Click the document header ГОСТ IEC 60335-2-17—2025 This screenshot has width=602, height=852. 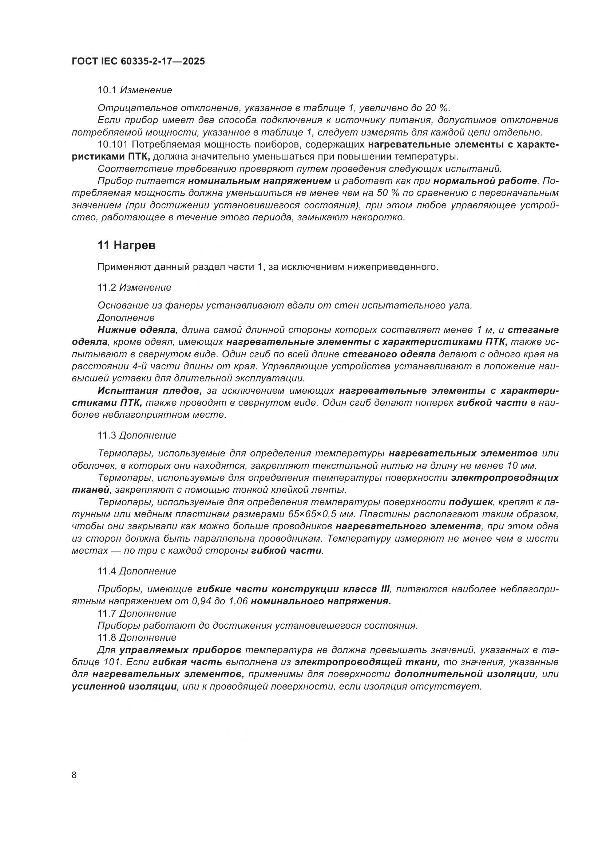click(x=138, y=62)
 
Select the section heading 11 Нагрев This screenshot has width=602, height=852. click(x=126, y=245)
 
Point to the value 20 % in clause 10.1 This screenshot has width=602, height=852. click(x=437, y=108)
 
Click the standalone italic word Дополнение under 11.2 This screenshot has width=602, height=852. click(x=126, y=318)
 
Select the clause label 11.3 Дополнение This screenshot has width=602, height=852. click(x=137, y=435)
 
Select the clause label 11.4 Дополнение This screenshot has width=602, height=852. click(x=137, y=571)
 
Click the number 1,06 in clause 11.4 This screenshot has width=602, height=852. click(x=236, y=601)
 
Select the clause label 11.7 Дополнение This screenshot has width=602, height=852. click(x=137, y=613)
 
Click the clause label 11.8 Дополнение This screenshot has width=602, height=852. click(x=137, y=637)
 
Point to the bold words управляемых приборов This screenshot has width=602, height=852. click(x=181, y=650)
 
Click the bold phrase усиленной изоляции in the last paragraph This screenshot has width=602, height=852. click(x=124, y=686)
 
